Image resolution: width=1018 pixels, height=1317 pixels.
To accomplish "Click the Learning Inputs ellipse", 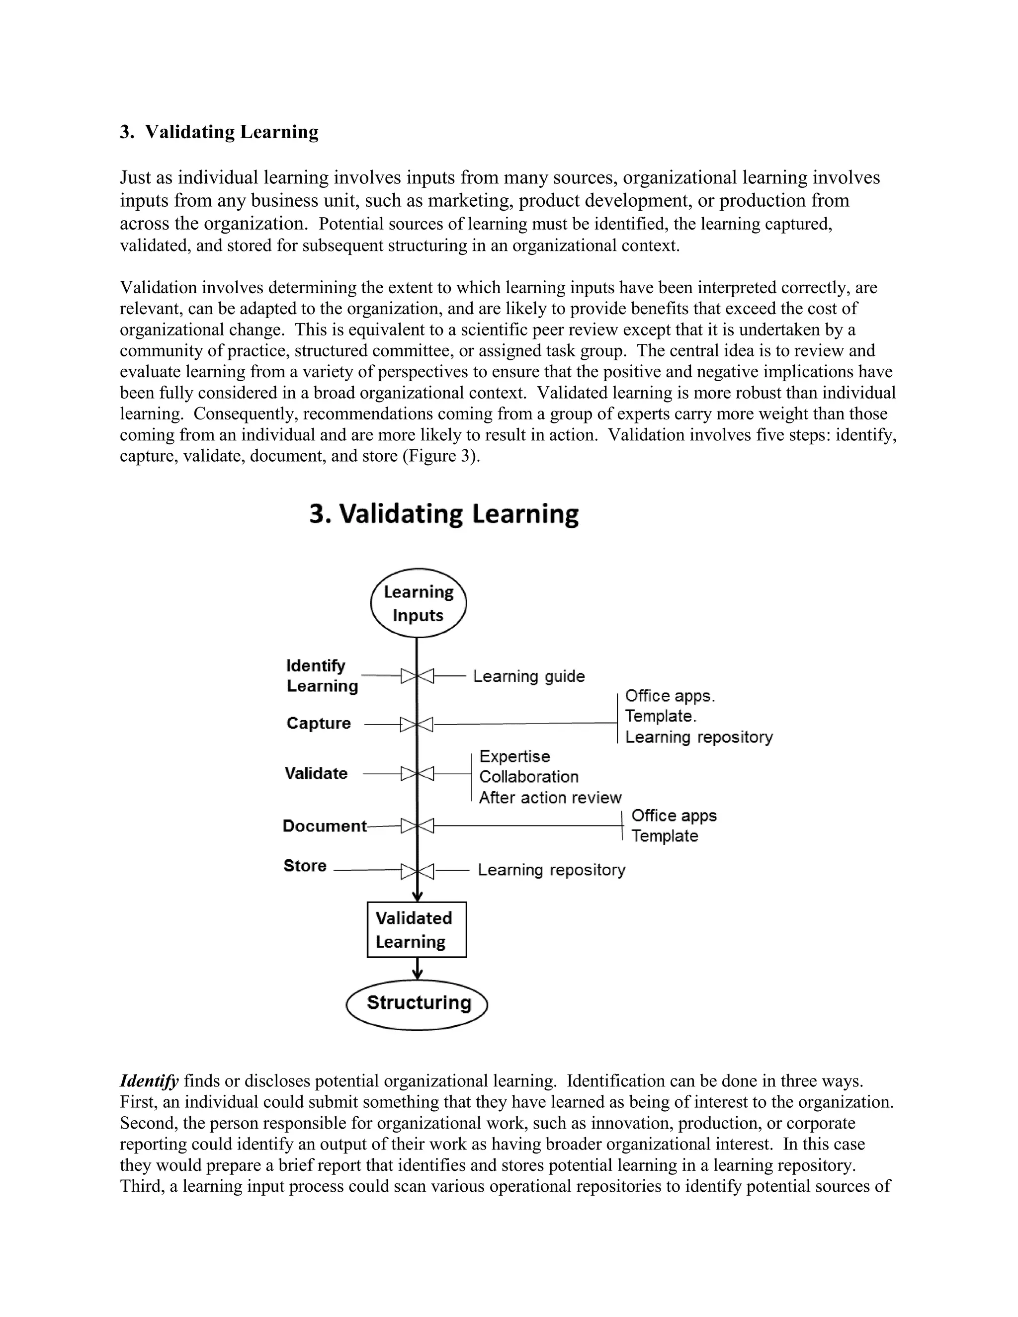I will pyautogui.click(x=418, y=603).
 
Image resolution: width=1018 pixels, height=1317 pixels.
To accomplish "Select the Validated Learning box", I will pyautogui.click(x=416, y=929).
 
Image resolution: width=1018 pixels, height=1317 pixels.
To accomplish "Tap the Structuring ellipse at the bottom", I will pyautogui.click(x=417, y=1003).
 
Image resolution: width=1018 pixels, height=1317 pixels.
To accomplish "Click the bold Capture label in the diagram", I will pyautogui.click(x=319, y=723).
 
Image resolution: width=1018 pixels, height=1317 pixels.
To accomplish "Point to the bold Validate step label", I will pyautogui.click(x=316, y=774).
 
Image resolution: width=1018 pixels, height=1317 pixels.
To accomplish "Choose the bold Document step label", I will pyautogui.click(x=325, y=826).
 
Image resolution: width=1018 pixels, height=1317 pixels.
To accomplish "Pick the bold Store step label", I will pyautogui.click(x=305, y=866).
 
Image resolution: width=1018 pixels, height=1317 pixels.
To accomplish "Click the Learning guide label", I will pyautogui.click(x=529, y=676).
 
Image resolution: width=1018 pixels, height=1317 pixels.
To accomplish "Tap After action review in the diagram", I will pyautogui.click(x=550, y=798).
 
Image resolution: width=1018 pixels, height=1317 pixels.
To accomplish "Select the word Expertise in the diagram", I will pyautogui.click(x=514, y=756).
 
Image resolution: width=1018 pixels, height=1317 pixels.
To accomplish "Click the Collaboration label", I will pyautogui.click(x=529, y=777).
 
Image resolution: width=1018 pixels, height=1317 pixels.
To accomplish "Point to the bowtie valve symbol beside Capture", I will pyautogui.click(x=417, y=724).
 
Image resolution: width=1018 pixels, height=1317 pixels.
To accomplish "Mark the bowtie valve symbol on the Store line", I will pyautogui.click(x=417, y=871).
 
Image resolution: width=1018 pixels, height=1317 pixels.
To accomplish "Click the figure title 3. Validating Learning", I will pyautogui.click(x=444, y=514).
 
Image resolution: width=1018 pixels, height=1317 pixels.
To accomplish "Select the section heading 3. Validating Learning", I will pyautogui.click(x=219, y=132).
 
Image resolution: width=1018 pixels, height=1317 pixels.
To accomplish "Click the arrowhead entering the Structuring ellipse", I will pyautogui.click(x=417, y=975).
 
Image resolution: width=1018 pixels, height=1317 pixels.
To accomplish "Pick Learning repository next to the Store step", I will pyautogui.click(x=551, y=870).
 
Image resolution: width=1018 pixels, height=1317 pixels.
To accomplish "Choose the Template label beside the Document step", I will pyautogui.click(x=665, y=836).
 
